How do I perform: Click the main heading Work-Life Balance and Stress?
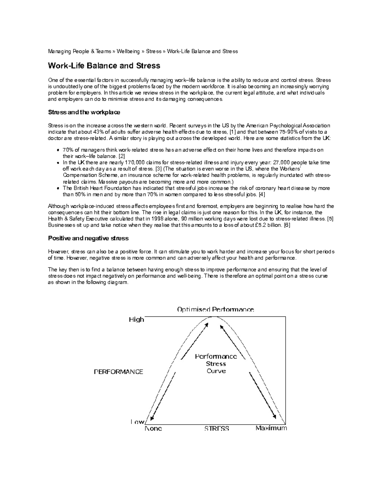pos(104,66)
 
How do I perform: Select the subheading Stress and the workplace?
pos(84,113)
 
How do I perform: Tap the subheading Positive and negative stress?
pos(88,238)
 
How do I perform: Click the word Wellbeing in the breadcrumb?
pos(128,51)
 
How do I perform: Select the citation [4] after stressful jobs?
pos(262,194)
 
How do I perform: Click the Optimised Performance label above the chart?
pos(216,309)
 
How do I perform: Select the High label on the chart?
pos(136,319)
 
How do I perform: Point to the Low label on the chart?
pos(137,422)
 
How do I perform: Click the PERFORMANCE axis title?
pos(118,372)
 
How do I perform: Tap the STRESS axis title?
pos(217,428)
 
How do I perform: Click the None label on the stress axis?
pos(153,428)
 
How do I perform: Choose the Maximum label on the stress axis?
pos(271,428)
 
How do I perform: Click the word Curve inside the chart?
pos(216,371)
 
